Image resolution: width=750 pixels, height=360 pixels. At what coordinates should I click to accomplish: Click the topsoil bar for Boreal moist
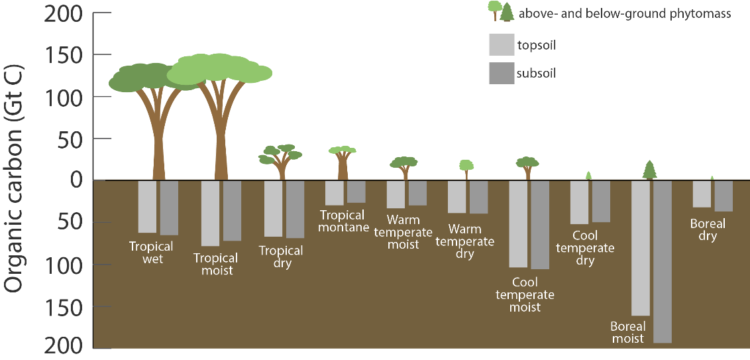[641, 248]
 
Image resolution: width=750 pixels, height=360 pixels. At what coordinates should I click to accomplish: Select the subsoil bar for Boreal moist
[663, 261]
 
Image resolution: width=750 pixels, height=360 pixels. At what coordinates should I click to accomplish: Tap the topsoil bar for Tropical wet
[147, 206]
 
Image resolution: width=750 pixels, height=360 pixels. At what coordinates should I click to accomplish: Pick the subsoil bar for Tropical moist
[232, 210]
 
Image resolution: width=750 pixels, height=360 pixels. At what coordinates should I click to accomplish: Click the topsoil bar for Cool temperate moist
[518, 223]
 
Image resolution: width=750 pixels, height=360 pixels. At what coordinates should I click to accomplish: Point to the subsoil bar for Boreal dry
[723, 196]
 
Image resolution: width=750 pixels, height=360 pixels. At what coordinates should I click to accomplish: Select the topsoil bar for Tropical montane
[334, 192]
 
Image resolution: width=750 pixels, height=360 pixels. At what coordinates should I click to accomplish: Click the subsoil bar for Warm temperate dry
[478, 196]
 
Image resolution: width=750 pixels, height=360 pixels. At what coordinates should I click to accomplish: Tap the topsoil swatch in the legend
[501, 45]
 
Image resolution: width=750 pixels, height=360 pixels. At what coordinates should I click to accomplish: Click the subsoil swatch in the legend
[501, 73]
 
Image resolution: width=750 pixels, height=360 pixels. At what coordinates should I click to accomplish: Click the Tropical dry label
[281, 257]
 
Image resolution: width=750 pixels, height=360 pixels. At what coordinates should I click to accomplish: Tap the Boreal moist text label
[627, 333]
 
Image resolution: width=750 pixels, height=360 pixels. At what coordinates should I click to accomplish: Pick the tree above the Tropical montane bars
[343, 162]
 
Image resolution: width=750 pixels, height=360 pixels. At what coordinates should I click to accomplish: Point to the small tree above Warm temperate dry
[466, 168]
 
